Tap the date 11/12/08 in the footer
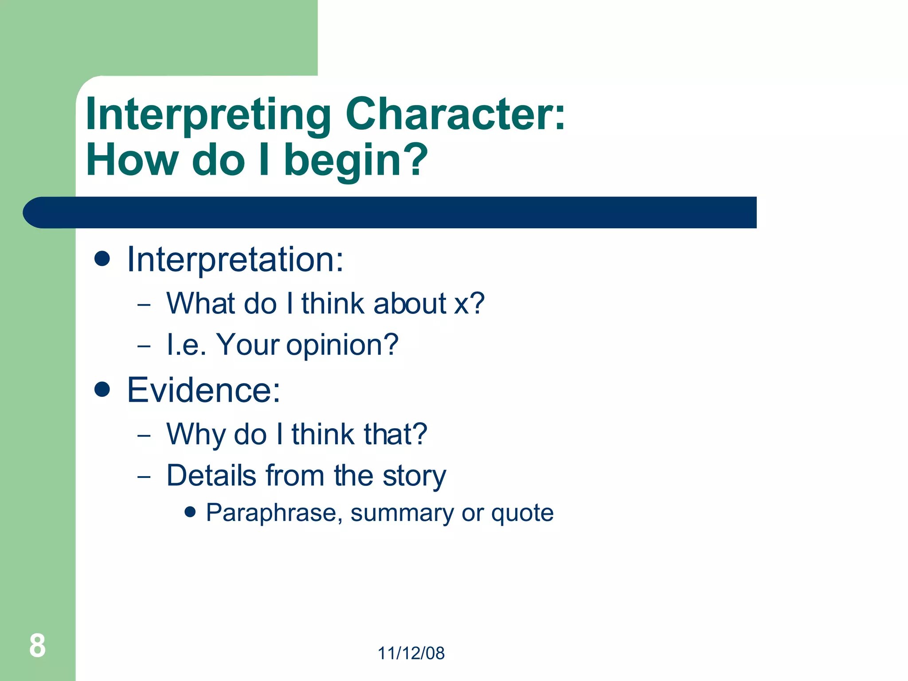[411, 653]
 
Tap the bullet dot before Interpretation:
[102, 258]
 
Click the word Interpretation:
[235, 259]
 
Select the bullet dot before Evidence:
[102, 389]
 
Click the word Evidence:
[204, 390]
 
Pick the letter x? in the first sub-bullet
[470, 304]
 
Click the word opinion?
[342, 345]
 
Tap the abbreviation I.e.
[186, 345]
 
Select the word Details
[211, 476]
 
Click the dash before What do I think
[144, 305]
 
